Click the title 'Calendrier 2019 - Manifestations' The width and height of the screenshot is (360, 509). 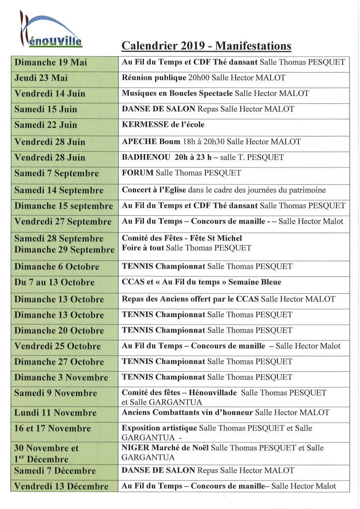[206, 46]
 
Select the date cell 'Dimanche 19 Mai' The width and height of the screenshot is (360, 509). [51, 62]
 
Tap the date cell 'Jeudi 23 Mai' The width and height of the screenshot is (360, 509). [41, 78]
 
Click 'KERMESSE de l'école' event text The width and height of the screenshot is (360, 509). [163, 125]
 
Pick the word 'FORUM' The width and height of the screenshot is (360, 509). [138, 173]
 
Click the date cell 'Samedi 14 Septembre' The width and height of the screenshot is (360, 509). [59, 190]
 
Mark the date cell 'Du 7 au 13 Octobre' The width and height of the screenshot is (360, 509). [54, 282]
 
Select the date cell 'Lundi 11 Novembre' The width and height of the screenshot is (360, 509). [55, 413]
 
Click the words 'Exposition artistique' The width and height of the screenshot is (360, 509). [160, 427]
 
